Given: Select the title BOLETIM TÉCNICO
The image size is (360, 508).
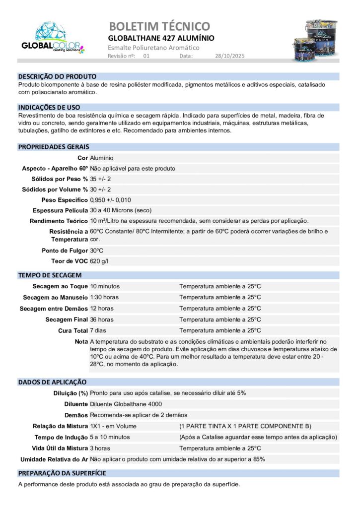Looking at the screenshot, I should coord(159,26).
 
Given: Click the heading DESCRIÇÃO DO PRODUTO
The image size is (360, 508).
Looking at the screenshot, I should coord(57,76).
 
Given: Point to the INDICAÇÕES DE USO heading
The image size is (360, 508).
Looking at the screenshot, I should coord(49,107).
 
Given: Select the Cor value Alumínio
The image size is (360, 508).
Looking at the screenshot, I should coord(102,158).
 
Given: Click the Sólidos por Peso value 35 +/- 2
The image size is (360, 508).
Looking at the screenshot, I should coord(100,179).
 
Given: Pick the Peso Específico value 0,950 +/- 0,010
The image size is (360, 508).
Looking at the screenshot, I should coord(110,200).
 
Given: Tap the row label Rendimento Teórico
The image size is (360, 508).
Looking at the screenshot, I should coord(59,221).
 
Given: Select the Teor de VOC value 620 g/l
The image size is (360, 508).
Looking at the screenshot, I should coord(99,261).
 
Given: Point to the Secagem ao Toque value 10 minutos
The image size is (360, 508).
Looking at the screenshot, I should coord(105,286).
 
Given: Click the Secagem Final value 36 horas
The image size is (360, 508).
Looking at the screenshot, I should coord(102,319).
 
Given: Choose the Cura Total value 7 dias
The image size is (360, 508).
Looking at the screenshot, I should coord(99,330).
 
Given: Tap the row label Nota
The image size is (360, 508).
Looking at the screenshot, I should coord(81,341).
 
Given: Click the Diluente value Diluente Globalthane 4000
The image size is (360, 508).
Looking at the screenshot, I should coord(126,404).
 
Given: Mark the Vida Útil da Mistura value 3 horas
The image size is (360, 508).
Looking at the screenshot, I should coord(101,448).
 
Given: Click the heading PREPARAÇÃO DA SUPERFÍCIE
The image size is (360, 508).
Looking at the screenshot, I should coord(62,473).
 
